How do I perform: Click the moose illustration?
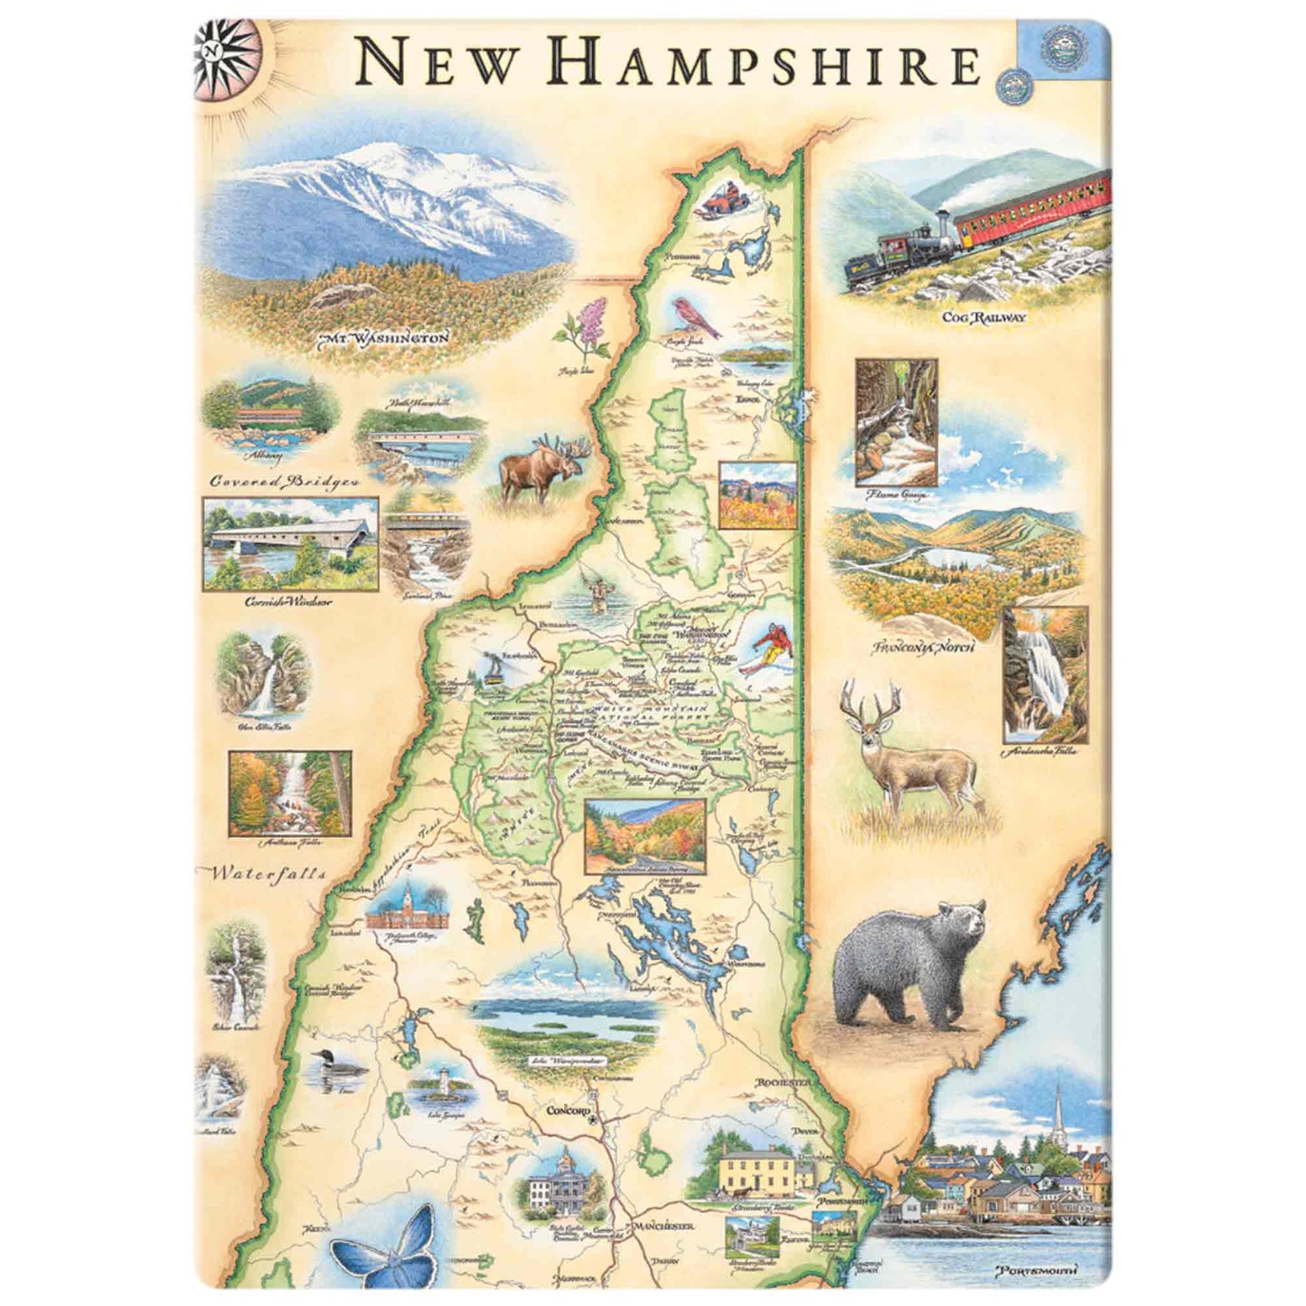543,466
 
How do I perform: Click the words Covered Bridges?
285,481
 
